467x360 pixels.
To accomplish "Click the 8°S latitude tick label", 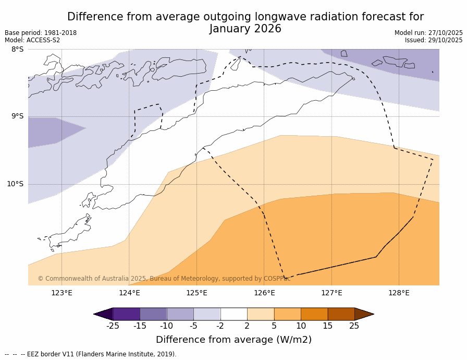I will (x=17, y=50).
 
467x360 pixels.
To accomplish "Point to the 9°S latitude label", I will (x=17, y=116).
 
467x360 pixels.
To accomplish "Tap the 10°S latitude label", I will (x=15, y=184).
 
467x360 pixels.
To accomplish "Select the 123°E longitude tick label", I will (x=62, y=293).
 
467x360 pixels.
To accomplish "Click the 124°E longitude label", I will (x=129, y=293).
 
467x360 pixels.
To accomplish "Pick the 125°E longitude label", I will (x=196, y=293).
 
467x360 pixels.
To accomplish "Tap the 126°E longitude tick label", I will (x=264, y=293).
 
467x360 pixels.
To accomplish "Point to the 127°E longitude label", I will (x=331, y=293).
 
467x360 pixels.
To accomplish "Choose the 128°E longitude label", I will (x=399, y=293).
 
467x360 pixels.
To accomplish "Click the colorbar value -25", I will (x=113, y=326).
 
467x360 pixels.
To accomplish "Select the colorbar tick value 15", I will (x=327, y=326).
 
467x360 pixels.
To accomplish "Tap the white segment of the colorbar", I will (x=233, y=314).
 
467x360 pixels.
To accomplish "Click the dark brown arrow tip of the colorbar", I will (x=364, y=314).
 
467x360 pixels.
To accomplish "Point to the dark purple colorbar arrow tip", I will (x=103, y=314).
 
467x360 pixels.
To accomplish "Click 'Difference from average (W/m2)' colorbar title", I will (x=233, y=340).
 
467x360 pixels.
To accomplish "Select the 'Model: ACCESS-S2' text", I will (x=32, y=40).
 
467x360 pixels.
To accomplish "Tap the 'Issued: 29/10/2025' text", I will (x=434, y=40).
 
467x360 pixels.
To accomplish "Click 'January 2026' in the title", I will (x=245, y=29).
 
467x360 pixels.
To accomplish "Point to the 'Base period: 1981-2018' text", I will (x=41, y=33).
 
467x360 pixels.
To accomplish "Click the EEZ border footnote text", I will (x=91, y=354).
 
